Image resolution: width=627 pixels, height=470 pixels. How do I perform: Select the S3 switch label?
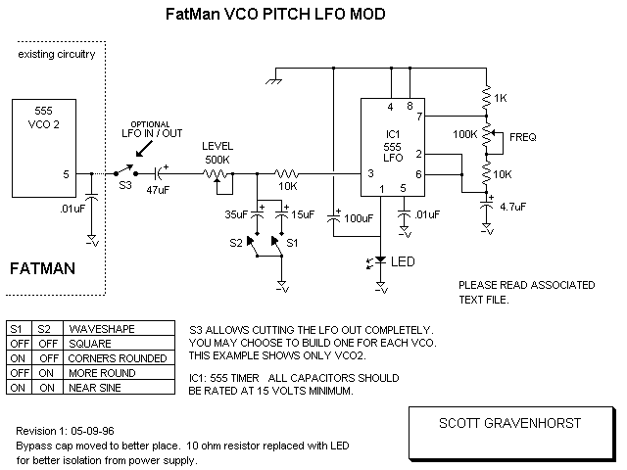pyautogui.click(x=124, y=183)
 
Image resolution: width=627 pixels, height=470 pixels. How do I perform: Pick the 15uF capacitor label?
pyautogui.click(x=303, y=212)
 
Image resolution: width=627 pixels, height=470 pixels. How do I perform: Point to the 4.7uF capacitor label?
pyautogui.click(x=512, y=206)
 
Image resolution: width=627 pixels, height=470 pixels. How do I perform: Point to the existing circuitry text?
pyautogui.click(x=57, y=55)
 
